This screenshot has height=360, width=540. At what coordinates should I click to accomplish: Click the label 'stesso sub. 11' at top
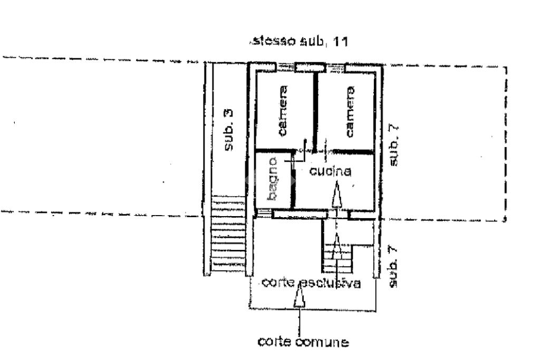point(300,42)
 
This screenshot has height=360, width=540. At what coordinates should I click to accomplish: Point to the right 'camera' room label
point(349,112)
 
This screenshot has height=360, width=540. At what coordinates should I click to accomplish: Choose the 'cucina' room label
point(330,171)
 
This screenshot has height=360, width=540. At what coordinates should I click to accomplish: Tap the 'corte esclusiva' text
point(311,283)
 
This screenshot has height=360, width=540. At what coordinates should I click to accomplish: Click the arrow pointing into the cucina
point(336,196)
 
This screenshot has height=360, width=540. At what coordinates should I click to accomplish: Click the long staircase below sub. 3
point(228,235)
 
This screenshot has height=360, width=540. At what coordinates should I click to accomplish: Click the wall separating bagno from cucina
point(293,182)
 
